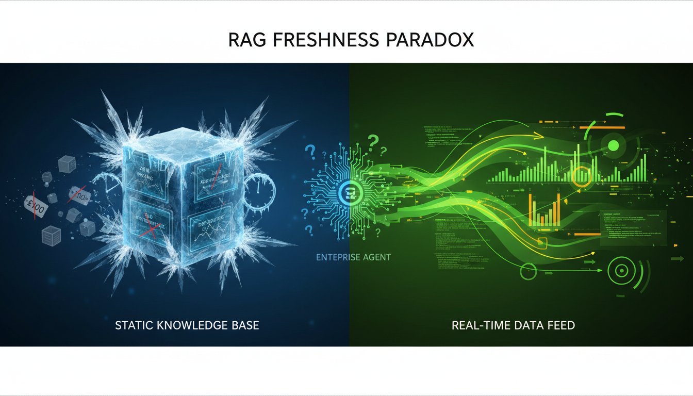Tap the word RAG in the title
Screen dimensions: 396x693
click(244, 41)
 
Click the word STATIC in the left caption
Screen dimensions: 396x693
click(134, 325)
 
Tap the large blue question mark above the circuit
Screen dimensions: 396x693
click(310, 152)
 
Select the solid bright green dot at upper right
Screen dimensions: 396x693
click(614, 146)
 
